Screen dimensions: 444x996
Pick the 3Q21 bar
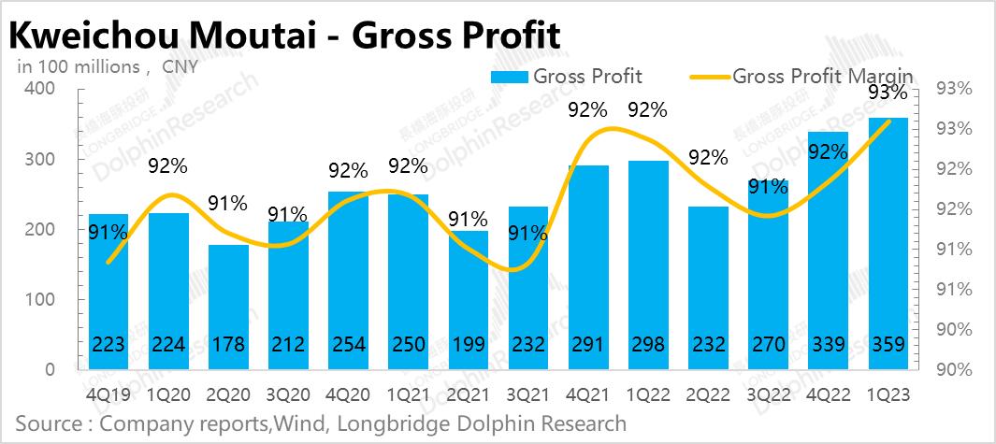(528, 290)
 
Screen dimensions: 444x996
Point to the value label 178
(228, 346)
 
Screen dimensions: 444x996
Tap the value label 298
(648, 346)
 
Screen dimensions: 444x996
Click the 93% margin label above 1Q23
(886, 93)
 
